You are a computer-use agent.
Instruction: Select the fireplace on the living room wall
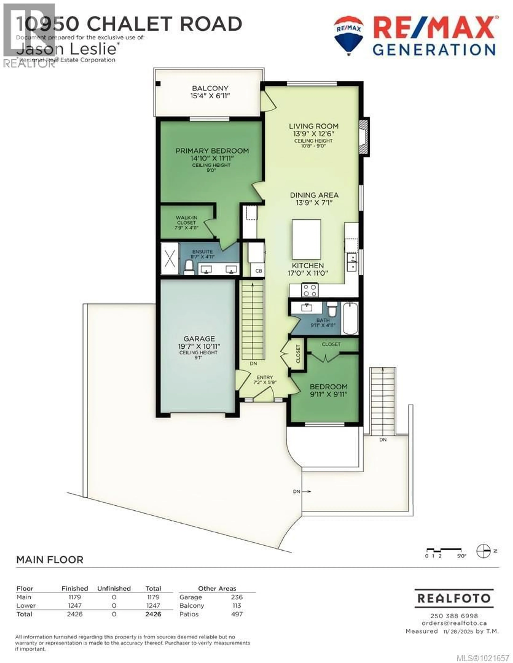pyautogui.click(x=364, y=137)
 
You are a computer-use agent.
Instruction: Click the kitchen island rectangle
pyautogui.click(x=306, y=239)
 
